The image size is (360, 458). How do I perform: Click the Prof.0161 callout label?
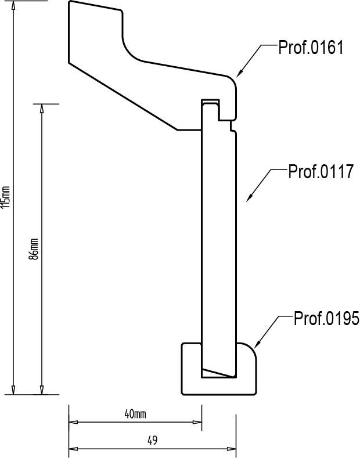[311, 48]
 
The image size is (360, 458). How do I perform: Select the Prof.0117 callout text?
[321, 171]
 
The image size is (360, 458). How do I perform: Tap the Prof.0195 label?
[326, 318]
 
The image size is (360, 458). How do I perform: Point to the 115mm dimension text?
[6, 197]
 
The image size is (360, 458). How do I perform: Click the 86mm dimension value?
[34, 249]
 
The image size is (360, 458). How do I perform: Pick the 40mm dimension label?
[135, 414]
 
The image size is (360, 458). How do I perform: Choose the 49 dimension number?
[152, 441]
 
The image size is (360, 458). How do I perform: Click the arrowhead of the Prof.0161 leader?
[239, 74]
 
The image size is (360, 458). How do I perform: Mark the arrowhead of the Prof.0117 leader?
[249, 198]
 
